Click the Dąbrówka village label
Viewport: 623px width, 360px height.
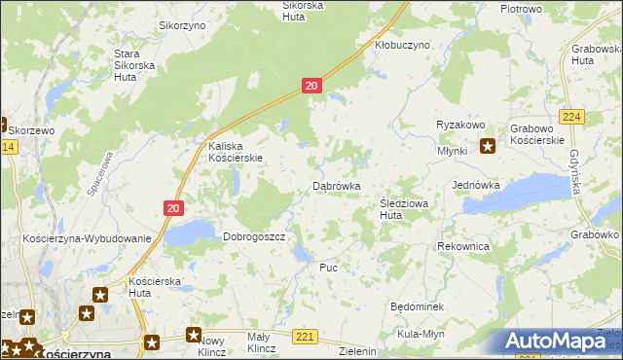pyautogui.click(x=337, y=185)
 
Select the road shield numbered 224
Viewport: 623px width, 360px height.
pyautogui.click(x=573, y=118)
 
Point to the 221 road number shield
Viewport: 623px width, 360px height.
pyautogui.click(x=306, y=337)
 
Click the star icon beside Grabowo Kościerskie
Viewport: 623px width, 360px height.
pyautogui.click(x=488, y=148)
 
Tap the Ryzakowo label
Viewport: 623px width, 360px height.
pyautogui.click(x=460, y=126)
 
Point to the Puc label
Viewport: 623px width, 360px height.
pyautogui.click(x=328, y=266)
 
